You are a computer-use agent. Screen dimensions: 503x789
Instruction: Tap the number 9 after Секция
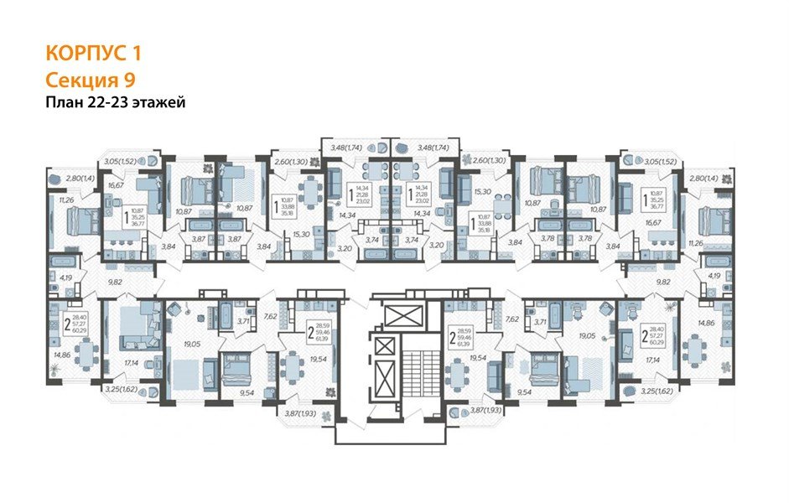[x=131, y=80]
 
